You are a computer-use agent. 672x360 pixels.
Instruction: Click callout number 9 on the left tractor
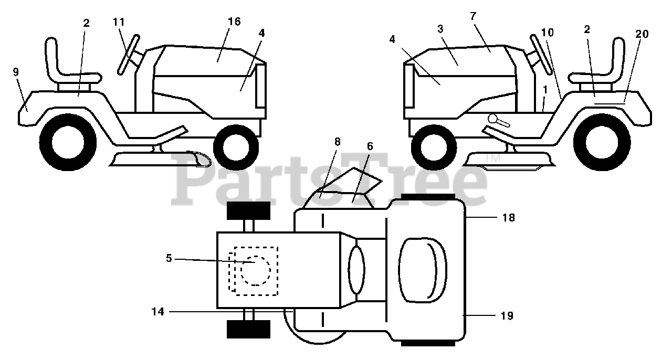coord(16,72)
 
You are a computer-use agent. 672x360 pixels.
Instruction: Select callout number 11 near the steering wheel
coord(119,22)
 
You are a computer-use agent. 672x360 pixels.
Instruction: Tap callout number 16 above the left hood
coord(234,22)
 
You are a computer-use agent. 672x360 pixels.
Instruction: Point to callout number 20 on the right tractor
coord(642,34)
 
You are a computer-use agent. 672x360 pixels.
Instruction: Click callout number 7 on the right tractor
coord(473,16)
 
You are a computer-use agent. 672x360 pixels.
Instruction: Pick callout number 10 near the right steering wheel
coord(547,33)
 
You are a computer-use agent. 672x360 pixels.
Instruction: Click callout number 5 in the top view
coord(169,258)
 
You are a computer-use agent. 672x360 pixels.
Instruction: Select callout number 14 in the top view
coord(157,312)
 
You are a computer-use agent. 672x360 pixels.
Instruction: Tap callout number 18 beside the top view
coord(508,217)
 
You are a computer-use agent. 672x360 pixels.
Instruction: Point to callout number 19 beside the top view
coord(507,316)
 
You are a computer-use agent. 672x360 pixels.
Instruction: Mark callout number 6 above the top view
coord(370,146)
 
